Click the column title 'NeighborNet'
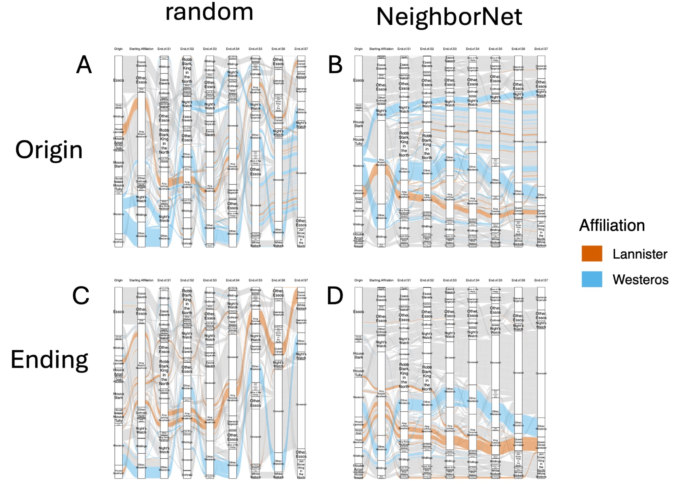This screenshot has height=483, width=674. point(449,17)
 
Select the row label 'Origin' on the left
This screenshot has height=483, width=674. point(49,150)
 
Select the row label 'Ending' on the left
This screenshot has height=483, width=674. point(49,360)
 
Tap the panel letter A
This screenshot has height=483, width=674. point(84,65)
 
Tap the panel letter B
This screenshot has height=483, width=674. point(335,65)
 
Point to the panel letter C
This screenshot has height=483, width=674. point(81,296)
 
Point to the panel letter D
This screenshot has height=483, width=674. point(335,296)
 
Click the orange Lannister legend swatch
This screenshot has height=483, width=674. point(592,254)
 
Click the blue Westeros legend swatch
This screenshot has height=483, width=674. point(592,279)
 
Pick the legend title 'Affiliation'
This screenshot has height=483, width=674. point(612,225)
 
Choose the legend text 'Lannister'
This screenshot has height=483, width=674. point(640,254)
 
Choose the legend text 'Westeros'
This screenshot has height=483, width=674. point(640,280)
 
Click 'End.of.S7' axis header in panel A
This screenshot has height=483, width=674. point(301,49)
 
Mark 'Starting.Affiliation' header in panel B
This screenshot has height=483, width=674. point(381,49)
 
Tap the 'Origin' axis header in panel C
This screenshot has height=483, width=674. point(118,280)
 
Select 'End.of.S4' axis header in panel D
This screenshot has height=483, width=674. point(472,280)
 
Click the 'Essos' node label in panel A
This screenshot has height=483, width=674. point(118,80)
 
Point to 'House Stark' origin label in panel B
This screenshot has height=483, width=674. point(358,124)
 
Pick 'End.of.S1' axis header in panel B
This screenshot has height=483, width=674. point(404,49)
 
